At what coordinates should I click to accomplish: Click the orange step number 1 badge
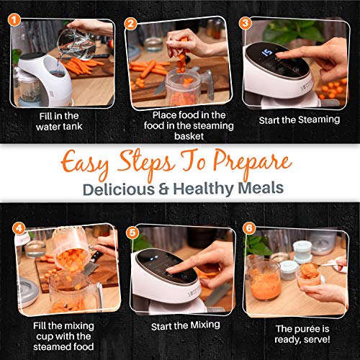(14, 20)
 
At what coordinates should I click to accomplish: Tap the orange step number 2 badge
(131, 24)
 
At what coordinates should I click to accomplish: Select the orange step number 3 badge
(246, 23)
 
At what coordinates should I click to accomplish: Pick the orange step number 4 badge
(19, 228)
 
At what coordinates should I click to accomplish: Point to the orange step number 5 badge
(132, 233)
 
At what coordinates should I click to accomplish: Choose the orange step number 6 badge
(249, 228)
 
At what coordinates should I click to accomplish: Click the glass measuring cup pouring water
(76, 44)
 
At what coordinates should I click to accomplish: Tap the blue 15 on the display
(267, 53)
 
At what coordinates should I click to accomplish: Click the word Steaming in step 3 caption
(318, 120)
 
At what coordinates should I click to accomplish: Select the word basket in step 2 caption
(189, 136)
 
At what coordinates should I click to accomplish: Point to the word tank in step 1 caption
(73, 126)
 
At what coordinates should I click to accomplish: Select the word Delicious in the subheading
(119, 189)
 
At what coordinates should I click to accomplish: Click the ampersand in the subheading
(163, 189)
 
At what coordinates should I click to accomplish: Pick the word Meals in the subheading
(261, 188)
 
